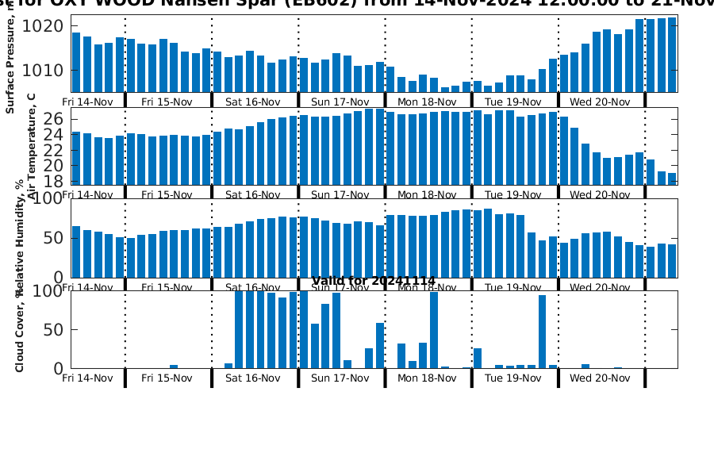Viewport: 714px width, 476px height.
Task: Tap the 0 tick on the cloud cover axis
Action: (57, 369)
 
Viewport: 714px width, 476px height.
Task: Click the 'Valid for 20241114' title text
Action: (374, 281)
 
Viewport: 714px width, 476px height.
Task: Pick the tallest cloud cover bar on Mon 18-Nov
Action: (434, 329)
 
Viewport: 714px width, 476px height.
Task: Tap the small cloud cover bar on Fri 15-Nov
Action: (174, 367)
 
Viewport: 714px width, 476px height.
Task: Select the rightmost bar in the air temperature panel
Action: (672, 178)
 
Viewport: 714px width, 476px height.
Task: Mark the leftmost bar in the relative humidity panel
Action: (76, 251)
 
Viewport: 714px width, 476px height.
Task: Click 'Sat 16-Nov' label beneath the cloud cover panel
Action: (253, 378)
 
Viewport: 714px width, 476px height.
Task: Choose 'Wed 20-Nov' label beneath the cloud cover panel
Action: (600, 378)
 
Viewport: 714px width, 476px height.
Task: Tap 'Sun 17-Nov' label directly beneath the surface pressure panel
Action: (340, 102)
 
